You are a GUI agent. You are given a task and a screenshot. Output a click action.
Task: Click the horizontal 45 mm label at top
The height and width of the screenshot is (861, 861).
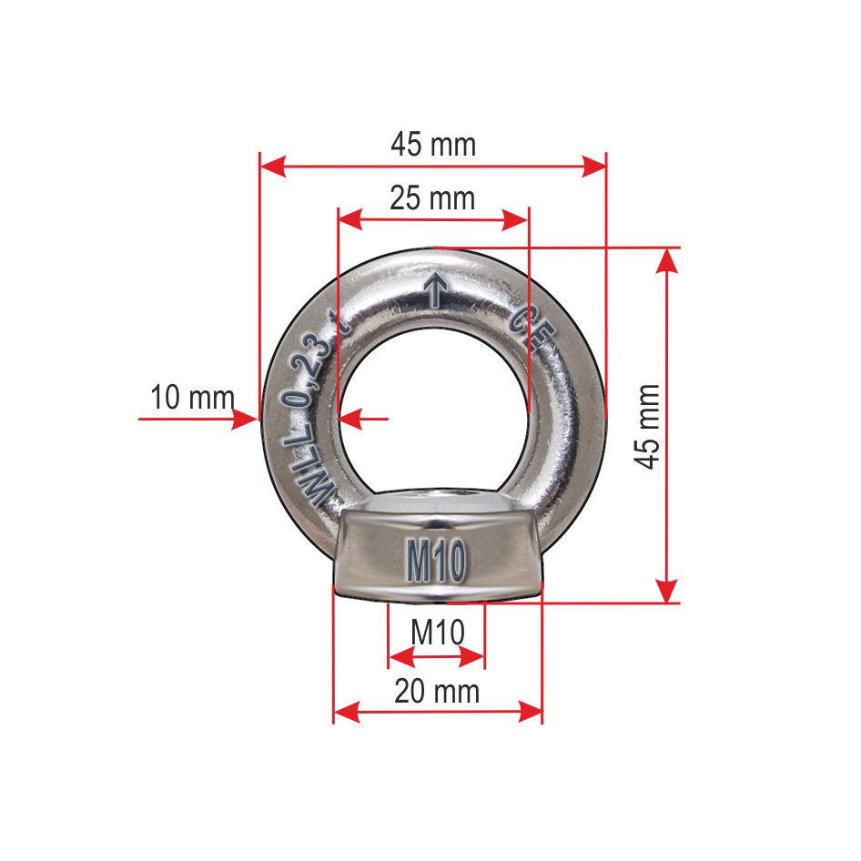point(433,144)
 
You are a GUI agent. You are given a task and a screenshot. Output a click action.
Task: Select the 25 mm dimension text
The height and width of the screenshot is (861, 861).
point(432,198)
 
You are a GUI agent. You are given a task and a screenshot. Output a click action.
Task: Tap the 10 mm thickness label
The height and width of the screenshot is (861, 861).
point(192,398)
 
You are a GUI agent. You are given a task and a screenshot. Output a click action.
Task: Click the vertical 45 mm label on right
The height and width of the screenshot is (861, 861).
point(647,426)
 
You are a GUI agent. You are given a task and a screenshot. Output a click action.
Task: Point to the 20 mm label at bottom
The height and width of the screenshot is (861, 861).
point(437,692)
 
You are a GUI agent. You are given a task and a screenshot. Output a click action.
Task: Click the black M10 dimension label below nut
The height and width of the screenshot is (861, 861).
point(437,632)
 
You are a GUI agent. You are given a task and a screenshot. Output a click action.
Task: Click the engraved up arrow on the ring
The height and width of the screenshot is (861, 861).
point(435,289)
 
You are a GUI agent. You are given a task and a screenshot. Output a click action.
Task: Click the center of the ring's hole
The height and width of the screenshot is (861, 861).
point(432,400)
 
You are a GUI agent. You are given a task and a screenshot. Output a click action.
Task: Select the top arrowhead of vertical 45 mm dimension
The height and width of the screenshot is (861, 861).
point(668,258)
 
